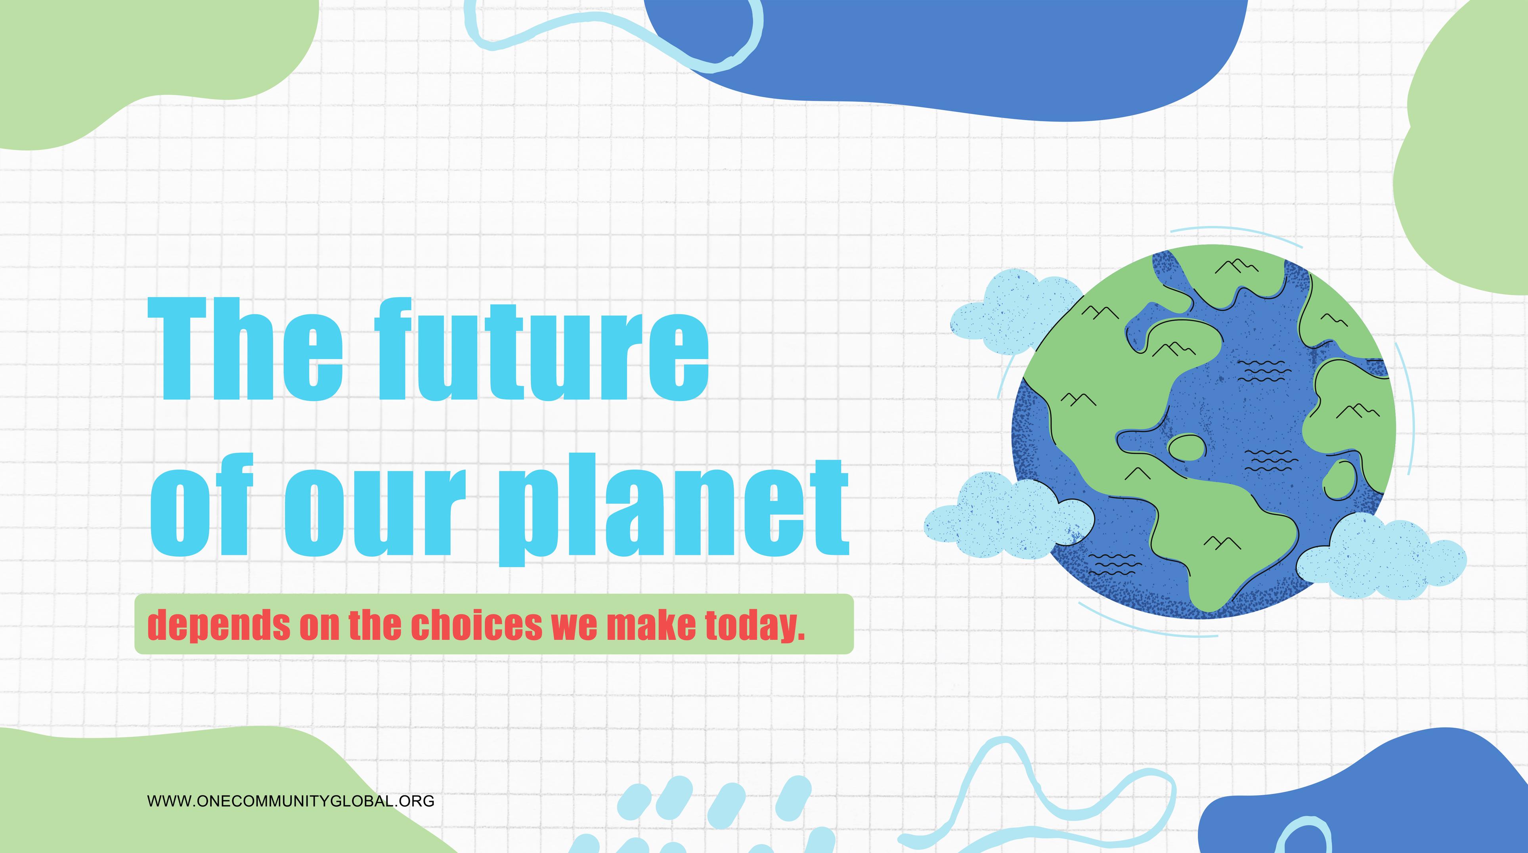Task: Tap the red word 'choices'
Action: coord(476,623)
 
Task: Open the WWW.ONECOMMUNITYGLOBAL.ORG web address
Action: coord(291,801)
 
